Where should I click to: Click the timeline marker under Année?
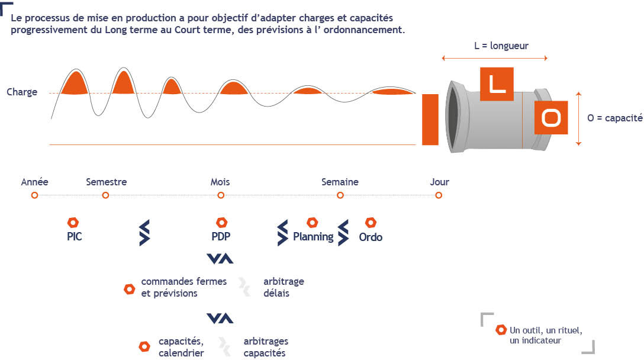(34, 195)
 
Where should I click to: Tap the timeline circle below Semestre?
(105, 195)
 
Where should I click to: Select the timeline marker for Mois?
(221, 195)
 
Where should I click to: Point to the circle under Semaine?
(340, 195)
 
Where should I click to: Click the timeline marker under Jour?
(439, 195)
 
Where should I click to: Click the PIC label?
(75, 237)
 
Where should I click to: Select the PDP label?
(221, 237)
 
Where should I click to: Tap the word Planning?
(313, 237)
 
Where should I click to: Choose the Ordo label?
(371, 237)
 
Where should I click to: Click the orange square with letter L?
(497, 84)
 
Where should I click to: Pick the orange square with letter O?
(551, 118)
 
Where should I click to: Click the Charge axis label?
(22, 92)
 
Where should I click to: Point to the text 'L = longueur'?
(501, 46)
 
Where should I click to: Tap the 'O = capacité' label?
(615, 118)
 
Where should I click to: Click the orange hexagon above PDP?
(222, 223)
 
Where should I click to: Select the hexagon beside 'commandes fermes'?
(130, 290)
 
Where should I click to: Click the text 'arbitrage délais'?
(284, 287)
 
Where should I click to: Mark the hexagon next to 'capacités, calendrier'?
(144, 346)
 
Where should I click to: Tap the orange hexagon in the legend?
(501, 330)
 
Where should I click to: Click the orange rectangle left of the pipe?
(430, 120)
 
